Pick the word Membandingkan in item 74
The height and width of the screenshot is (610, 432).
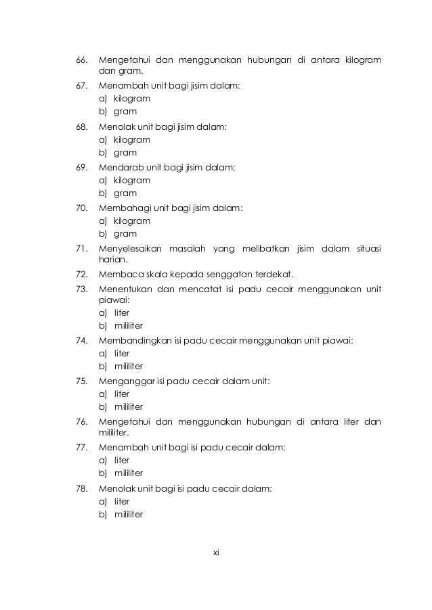132,340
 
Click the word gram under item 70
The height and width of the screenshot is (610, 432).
125,234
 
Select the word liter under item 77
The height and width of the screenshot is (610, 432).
122,460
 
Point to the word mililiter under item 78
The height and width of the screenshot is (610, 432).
128,514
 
